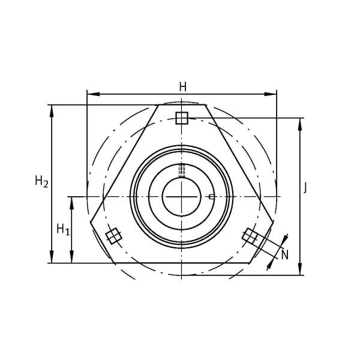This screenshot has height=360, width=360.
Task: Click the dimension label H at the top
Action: tap(183, 87)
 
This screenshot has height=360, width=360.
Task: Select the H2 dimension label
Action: tap(41, 181)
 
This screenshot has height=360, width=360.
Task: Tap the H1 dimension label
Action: tap(63, 229)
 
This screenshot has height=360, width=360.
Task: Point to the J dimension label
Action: tap(305, 188)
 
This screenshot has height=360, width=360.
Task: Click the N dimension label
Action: tap(285, 255)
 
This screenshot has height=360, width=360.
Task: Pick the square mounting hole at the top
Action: tap(182, 118)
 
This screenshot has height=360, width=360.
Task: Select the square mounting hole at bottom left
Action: tap(113, 236)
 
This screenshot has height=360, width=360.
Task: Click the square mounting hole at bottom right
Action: tap(250, 236)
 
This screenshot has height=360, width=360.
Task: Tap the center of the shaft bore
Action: tap(182, 197)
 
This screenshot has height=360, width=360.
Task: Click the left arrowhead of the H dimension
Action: tap(94, 94)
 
